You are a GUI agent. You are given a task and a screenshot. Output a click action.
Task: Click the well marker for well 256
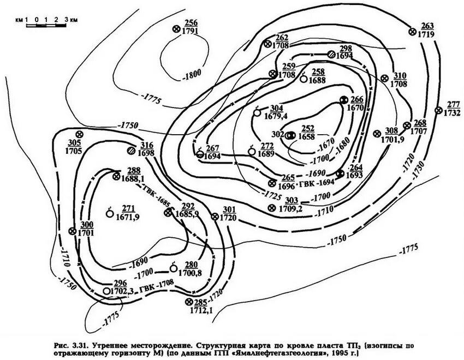click(176, 29)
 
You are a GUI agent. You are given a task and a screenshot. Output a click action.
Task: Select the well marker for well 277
click(438, 110)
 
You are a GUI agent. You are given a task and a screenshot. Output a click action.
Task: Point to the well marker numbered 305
click(79, 134)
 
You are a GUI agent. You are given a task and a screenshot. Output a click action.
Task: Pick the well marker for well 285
click(189, 302)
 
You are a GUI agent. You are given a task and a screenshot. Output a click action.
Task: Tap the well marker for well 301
click(215, 216)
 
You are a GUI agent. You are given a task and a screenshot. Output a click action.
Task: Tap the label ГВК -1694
click(320, 183)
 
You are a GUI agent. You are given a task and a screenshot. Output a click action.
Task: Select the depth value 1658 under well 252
click(308, 136)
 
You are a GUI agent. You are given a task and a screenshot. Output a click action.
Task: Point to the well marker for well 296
click(106, 291)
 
